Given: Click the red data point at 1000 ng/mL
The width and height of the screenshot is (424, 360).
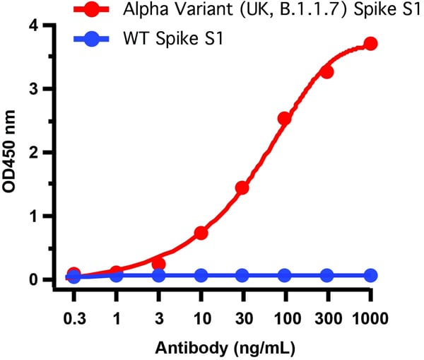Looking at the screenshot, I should point(370,44).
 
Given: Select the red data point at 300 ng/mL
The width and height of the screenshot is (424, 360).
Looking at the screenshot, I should point(327,72).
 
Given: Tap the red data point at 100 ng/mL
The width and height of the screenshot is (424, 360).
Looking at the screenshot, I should point(285,119).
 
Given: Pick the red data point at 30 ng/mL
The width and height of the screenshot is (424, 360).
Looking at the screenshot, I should point(242,187).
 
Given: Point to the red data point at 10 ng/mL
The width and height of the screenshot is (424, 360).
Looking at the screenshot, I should point(201,233).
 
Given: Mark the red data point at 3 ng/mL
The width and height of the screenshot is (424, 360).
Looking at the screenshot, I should point(158,264).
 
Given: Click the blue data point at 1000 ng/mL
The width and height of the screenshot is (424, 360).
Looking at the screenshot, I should point(370,275).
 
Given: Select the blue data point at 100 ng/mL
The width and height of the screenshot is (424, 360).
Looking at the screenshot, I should point(285,275).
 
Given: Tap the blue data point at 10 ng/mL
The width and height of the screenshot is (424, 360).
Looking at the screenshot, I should point(201,275).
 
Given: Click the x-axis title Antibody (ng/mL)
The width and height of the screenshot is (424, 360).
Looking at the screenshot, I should point(221,348).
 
